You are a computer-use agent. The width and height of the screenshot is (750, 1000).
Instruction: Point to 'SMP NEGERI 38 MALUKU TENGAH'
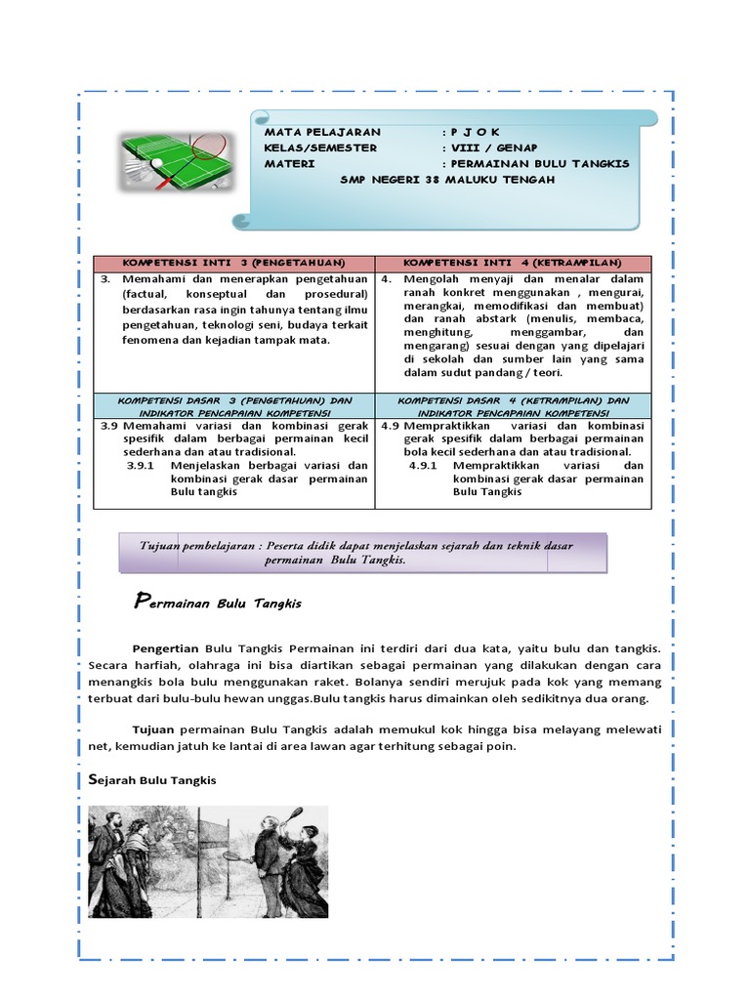tap(447, 180)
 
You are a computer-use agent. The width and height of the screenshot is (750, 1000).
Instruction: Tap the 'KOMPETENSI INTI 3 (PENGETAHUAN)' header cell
tap(233, 264)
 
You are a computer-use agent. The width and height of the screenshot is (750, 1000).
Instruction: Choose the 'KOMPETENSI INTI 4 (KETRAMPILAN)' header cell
tap(513, 264)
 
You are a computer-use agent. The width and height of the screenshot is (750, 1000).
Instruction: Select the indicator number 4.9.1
tap(424, 466)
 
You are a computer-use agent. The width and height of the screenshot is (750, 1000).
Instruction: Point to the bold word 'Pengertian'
tap(165, 647)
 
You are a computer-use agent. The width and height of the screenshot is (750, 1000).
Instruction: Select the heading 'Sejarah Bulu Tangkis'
tap(146, 780)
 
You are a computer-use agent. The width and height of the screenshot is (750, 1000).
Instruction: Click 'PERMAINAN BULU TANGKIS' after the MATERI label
tap(539, 163)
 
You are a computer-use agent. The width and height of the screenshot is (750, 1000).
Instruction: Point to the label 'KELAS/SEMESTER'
tap(320, 147)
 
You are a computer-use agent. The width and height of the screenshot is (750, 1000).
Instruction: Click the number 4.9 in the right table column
tap(390, 426)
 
